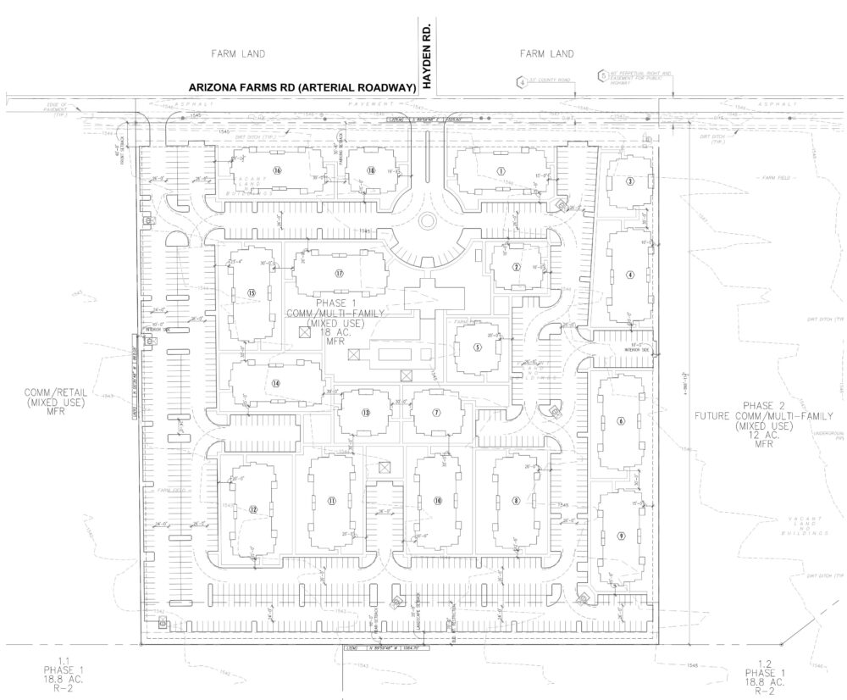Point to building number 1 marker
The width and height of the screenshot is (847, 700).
(501, 169)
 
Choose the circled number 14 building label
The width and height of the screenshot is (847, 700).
(276, 382)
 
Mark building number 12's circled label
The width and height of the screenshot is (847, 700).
(253, 509)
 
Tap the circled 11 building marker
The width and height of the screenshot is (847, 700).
(333, 501)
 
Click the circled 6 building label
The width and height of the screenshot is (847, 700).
(621, 421)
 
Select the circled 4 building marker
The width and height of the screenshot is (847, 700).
(629, 275)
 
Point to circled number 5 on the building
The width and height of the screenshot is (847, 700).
(478, 347)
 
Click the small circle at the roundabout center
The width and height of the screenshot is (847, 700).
(427, 221)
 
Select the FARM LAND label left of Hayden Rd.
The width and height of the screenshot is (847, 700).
(238, 53)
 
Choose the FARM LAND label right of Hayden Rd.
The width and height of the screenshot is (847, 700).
(546, 53)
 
